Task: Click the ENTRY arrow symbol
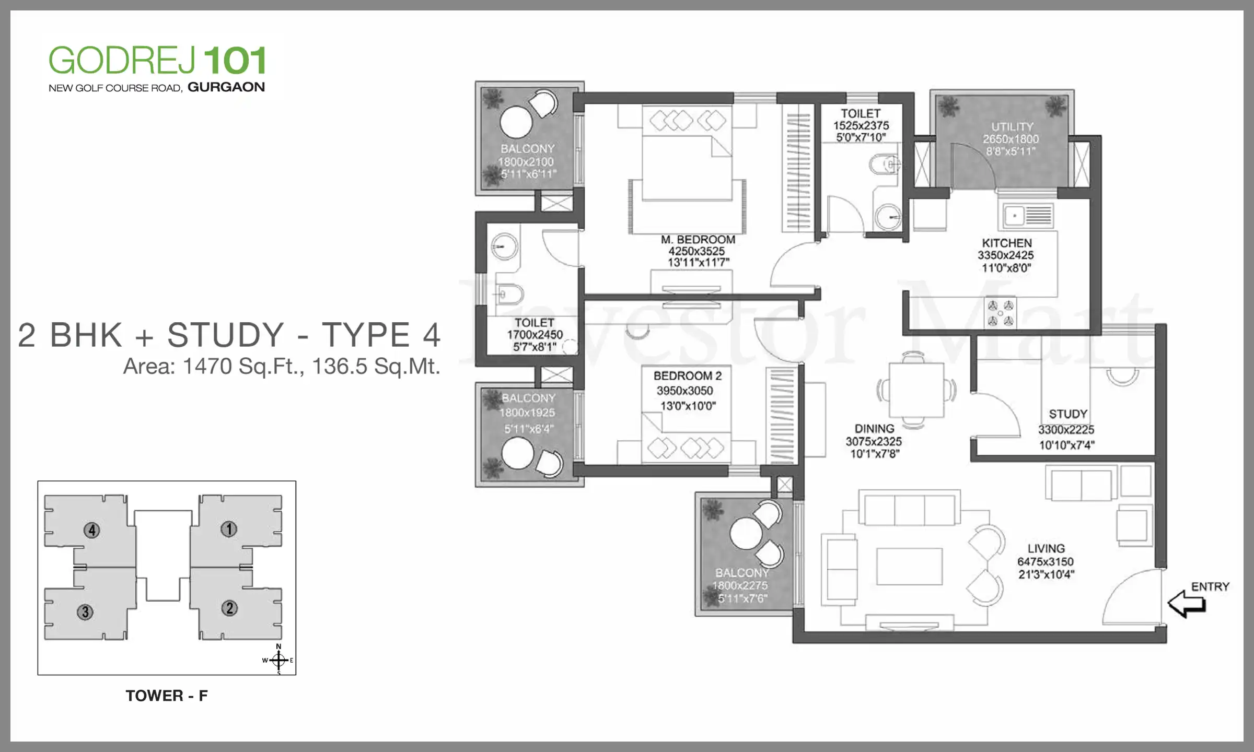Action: (x=1186, y=604)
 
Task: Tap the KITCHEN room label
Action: (x=1007, y=243)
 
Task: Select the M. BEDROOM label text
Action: (x=698, y=240)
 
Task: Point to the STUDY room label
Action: (x=1068, y=414)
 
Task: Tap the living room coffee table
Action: (x=910, y=566)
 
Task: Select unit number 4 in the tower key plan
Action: (x=92, y=530)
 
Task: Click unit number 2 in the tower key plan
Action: (x=229, y=608)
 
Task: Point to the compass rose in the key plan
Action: (x=278, y=660)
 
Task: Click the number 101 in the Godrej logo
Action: (x=235, y=61)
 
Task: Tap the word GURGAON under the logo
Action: (x=226, y=87)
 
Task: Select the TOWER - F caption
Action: (x=167, y=696)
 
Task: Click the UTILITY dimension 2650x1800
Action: (x=1011, y=139)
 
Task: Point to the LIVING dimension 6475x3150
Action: (x=1046, y=562)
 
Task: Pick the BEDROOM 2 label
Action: (x=688, y=376)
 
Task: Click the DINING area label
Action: (x=874, y=429)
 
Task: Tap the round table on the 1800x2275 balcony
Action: (x=746, y=534)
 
